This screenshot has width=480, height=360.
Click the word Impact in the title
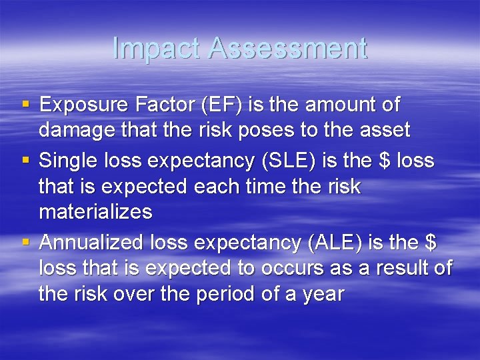[x=156, y=49]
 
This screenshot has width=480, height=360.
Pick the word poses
[x=279, y=130]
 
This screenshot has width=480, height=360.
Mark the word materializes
[x=95, y=212]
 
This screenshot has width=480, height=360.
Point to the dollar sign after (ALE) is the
[x=430, y=243]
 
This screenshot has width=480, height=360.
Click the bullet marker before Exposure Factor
[x=25, y=105]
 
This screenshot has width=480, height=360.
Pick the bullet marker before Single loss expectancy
[x=25, y=161]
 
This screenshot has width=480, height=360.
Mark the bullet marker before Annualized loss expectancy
[x=25, y=243]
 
